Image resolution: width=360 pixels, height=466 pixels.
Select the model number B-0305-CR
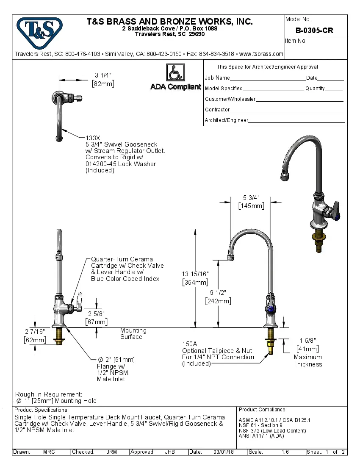click(314, 31)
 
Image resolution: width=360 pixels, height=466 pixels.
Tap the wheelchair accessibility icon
click(175, 72)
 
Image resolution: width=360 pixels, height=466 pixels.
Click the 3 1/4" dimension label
click(103, 75)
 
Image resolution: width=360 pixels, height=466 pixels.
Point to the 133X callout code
click(93, 138)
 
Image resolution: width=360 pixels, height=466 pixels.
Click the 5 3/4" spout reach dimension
click(251, 197)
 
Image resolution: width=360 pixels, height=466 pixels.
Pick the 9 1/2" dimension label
click(218, 293)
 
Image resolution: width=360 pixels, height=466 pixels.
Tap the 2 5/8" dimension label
click(96, 314)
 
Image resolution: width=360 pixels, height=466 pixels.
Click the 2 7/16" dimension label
click(35, 331)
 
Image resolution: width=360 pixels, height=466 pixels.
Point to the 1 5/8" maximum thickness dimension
click(307, 340)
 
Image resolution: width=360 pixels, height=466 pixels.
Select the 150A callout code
click(189, 344)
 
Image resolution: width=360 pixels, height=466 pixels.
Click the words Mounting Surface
click(133, 333)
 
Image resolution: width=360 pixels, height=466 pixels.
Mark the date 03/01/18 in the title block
click(224, 452)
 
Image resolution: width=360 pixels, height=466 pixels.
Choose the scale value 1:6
click(285, 452)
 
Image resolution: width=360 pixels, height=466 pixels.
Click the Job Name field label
click(217, 78)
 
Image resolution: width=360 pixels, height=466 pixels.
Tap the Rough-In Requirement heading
click(49, 394)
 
